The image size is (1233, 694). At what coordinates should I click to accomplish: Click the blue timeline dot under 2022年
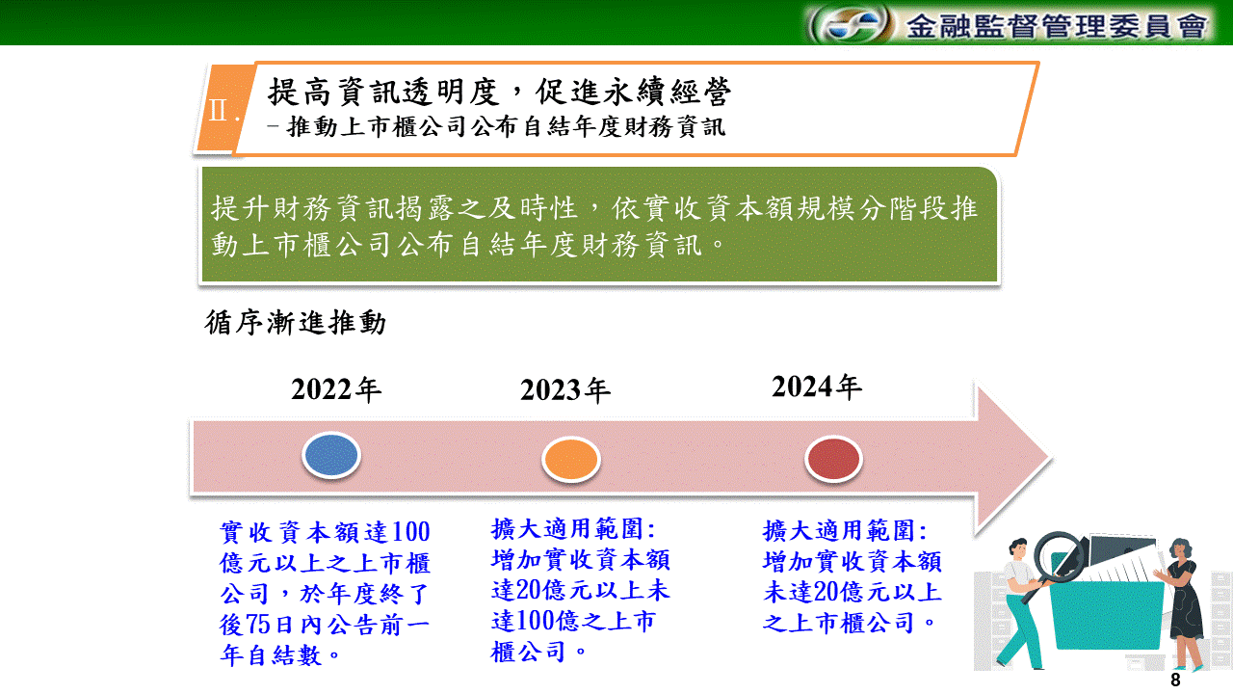point(331,455)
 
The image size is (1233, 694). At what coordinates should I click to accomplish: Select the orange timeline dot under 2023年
point(571,459)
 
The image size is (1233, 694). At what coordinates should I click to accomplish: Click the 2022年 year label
point(336,389)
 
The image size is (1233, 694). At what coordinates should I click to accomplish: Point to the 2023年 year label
point(565,390)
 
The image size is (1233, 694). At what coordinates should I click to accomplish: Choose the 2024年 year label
point(816,387)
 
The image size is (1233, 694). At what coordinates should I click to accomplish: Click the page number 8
point(1175,680)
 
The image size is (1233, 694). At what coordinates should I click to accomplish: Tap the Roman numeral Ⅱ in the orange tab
point(219,110)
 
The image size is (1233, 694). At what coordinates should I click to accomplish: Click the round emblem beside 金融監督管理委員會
point(852,25)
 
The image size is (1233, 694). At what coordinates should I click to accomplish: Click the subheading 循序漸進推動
point(295,322)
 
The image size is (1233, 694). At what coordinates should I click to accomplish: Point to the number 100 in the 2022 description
point(410,532)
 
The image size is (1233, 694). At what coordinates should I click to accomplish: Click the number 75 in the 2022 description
point(259,625)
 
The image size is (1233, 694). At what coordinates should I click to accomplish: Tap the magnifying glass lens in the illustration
point(1059,555)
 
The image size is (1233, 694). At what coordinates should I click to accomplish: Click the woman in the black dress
point(1182,603)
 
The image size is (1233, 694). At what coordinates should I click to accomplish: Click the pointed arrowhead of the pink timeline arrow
point(1050,458)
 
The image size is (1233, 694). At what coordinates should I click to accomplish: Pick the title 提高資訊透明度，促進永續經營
point(499,92)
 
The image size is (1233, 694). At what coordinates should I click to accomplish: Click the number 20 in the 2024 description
point(826,592)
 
